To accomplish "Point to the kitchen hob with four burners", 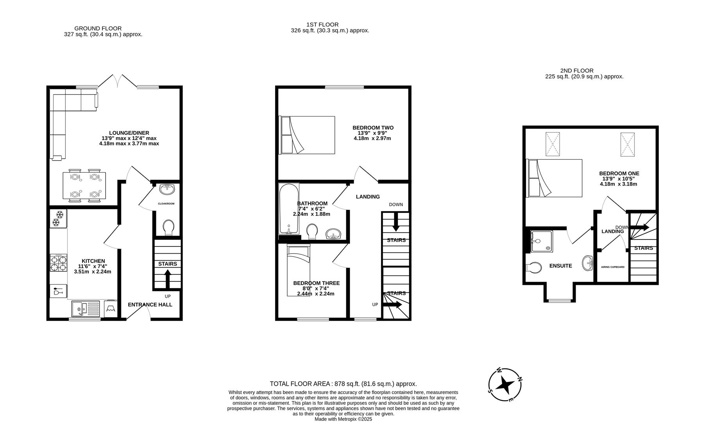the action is (58, 263).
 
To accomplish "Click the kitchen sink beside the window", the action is (86, 309).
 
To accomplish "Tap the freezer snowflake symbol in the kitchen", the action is (58, 218).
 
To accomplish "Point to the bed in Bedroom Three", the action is (299, 270).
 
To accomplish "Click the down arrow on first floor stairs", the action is (395, 222).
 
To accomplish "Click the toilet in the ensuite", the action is (534, 268).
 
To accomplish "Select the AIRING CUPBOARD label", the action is (612, 267).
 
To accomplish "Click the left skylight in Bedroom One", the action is (553, 144).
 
